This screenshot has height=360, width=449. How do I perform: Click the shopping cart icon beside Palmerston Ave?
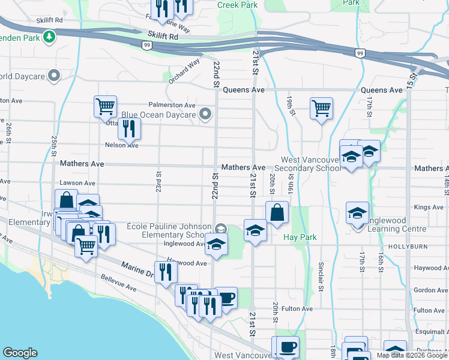[x=105, y=107]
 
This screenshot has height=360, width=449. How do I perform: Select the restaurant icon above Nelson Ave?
[x=128, y=128]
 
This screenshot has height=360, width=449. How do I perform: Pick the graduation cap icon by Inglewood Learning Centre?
[x=358, y=213]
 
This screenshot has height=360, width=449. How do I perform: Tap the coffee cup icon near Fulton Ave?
[x=226, y=298]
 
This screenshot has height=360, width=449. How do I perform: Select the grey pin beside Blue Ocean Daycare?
[x=206, y=114]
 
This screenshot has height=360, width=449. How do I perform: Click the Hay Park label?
[x=300, y=238]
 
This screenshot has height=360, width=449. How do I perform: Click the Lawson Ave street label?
[x=77, y=183]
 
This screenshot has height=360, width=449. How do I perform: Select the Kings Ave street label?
[x=429, y=208]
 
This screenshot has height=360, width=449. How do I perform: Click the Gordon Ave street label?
[x=430, y=290]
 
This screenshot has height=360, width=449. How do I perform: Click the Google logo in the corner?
[x=20, y=353]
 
